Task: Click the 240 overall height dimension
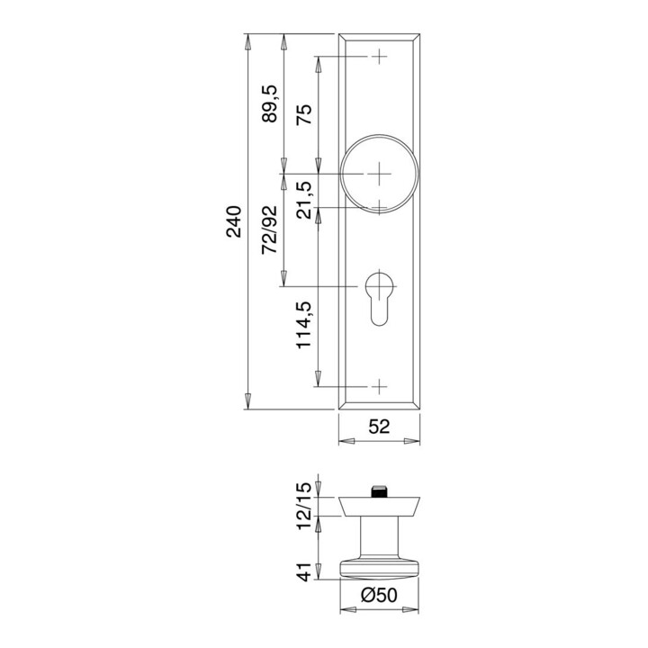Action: pos(234,221)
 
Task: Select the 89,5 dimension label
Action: pos(270,103)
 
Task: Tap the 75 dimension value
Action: pos(304,114)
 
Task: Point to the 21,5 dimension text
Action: pos(305,200)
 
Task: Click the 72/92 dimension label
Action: pos(270,229)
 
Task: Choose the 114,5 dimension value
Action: pos(304,325)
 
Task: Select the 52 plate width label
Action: pos(379,427)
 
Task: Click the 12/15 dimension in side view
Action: pos(304,506)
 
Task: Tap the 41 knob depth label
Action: pos(304,571)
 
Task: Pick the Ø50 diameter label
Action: pos(379,595)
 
